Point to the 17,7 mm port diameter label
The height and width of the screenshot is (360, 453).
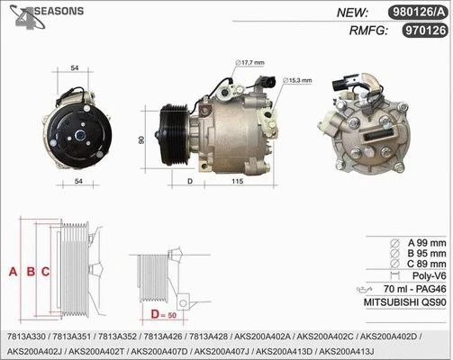click(252, 63)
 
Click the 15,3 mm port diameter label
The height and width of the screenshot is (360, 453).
click(298, 81)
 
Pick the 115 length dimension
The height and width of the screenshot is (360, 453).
click(239, 182)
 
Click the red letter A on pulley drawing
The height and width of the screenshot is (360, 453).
click(12, 271)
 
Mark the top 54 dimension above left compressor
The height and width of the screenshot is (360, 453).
click(76, 68)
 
